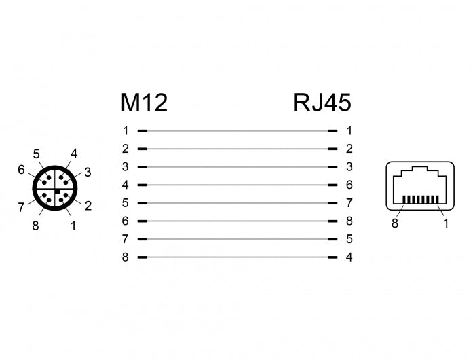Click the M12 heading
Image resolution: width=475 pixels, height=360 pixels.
click(x=144, y=103)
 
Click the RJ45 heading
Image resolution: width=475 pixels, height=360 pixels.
click(x=322, y=103)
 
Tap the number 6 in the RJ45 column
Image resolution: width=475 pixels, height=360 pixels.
click(x=349, y=185)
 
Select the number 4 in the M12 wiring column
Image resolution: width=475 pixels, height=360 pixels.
click(x=125, y=185)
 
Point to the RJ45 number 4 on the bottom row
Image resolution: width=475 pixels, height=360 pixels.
click(x=349, y=257)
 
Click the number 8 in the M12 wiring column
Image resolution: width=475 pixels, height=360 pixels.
click(x=125, y=257)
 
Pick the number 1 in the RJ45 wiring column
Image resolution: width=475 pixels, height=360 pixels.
click(x=349, y=130)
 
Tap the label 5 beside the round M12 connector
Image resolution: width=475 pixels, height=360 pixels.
click(x=37, y=154)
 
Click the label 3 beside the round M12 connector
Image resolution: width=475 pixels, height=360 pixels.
click(x=88, y=173)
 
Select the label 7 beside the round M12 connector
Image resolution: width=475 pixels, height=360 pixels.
click(x=21, y=207)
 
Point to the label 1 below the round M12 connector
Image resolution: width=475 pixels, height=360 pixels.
click(x=73, y=226)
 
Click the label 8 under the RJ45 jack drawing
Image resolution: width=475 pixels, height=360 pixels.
click(x=395, y=223)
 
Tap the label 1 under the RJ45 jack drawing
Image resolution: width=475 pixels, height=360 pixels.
click(x=446, y=223)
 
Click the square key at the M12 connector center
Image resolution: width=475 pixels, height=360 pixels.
click(x=57, y=191)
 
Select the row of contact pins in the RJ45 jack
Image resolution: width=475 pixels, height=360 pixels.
click(x=421, y=199)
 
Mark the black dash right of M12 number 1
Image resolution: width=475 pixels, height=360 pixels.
click(x=142, y=131)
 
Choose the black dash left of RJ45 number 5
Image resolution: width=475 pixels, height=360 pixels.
click(x=332, y=239)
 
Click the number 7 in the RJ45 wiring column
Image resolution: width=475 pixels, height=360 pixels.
click(x=349, y=203)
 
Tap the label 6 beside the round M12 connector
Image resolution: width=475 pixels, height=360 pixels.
click(x=21, y=170)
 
